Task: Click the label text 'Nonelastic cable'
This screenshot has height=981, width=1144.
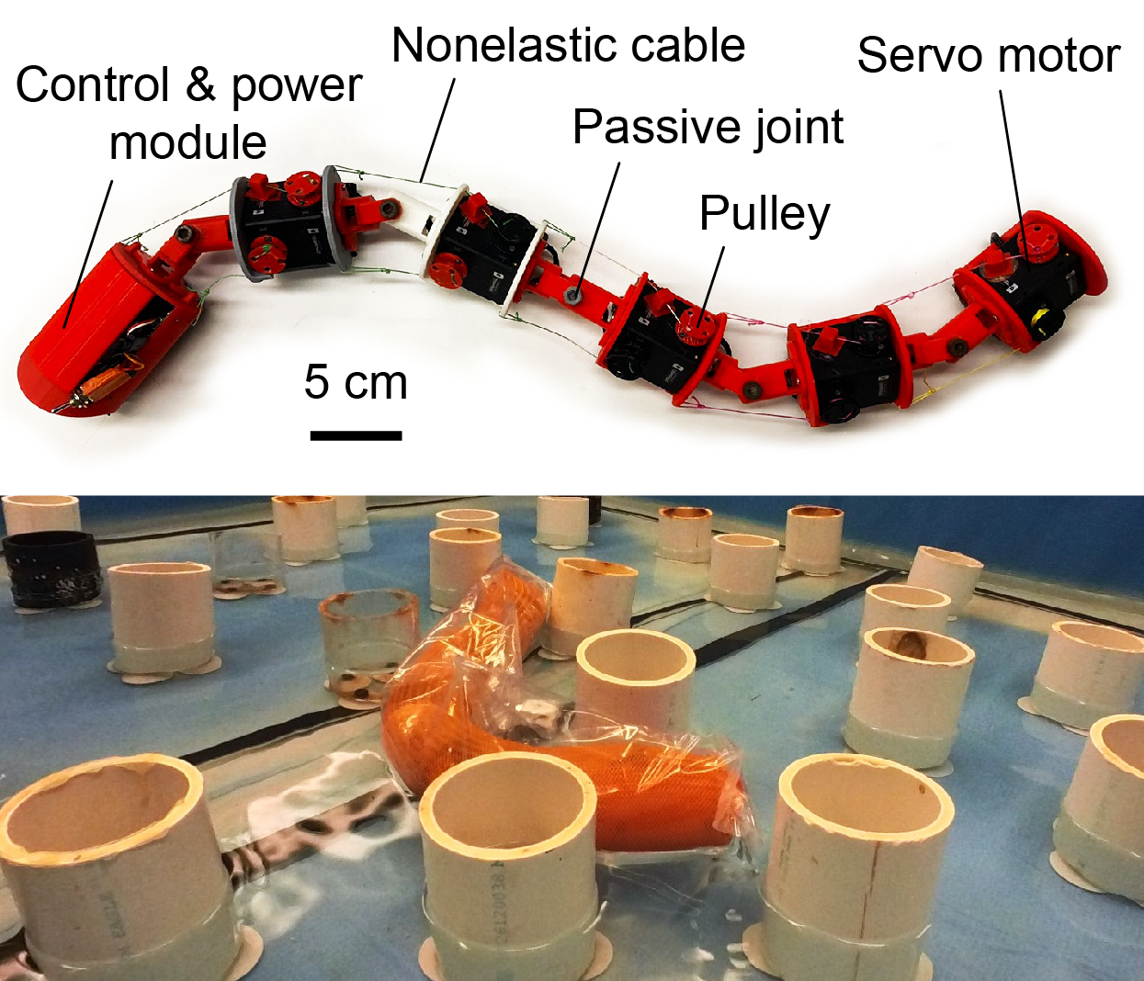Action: [x=569, y=45]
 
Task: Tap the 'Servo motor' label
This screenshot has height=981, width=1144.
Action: [x=989, y=55]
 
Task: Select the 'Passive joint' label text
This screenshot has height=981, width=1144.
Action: [x=708, y=127]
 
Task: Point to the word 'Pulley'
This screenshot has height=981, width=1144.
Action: [x=765, y=215]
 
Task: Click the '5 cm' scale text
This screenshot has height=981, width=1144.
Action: [x=356, y=382]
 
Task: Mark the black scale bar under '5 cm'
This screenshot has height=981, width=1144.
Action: [x=356, y=435]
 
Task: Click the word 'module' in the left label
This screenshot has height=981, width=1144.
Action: [x=188, y=142]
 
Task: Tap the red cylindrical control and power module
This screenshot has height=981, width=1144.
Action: [x=105, y=326]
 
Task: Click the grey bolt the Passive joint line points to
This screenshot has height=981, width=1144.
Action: [x=573, y=294]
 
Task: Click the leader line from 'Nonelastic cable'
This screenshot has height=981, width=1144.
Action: [x=437, y=130]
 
